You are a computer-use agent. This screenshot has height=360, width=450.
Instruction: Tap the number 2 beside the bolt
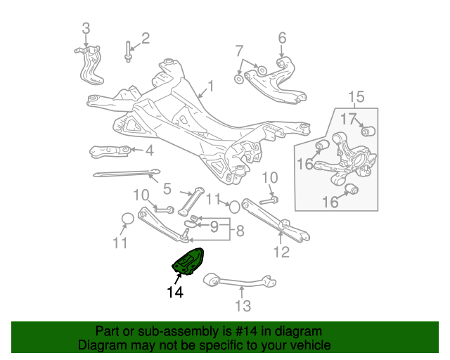tap(146, 38)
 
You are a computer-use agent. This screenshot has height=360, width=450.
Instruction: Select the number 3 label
tap(86, 29)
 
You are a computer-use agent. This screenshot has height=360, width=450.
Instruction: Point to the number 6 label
tap(282, 37)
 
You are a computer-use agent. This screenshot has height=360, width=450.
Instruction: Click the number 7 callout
tap(239, 50)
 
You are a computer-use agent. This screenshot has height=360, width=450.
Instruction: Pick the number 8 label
tap(240, 230)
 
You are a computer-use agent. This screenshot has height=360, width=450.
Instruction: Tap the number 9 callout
tap(214, 226)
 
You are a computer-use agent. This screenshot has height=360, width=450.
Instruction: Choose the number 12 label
tap(281, 252)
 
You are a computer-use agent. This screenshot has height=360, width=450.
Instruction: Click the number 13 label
tap(243, 306)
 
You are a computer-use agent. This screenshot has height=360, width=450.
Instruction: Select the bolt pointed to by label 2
tap(129, 51)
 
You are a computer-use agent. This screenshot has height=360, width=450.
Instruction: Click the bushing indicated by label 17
tap(367, 131)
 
